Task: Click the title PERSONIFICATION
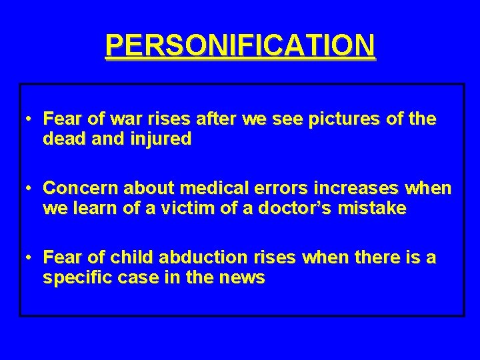click(x=240, y=45)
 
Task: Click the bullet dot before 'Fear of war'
click(x=30, y=120)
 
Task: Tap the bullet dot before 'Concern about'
click(x=30, y=189)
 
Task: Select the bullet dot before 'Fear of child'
click(x=30, y=257)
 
